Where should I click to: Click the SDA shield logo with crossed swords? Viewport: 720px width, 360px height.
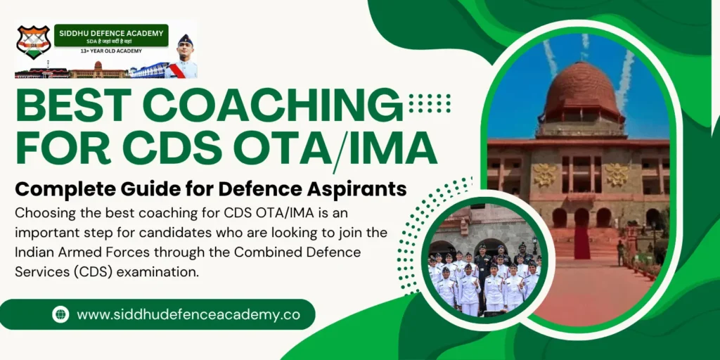point(33,42)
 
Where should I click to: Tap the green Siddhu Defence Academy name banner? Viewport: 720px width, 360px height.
point(111,34)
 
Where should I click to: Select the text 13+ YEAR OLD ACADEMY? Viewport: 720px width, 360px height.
point(110,51)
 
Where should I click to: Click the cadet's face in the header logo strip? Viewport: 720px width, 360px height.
point(184,46)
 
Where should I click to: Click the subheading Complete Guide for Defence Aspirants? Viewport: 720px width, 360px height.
point(211,188)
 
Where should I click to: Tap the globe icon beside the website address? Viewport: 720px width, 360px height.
point(61,314)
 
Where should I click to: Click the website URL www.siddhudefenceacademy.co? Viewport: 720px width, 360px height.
point(188,314)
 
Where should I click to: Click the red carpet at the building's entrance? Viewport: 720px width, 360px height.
point(581,243)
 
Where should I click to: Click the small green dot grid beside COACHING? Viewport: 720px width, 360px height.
point(429,103)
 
